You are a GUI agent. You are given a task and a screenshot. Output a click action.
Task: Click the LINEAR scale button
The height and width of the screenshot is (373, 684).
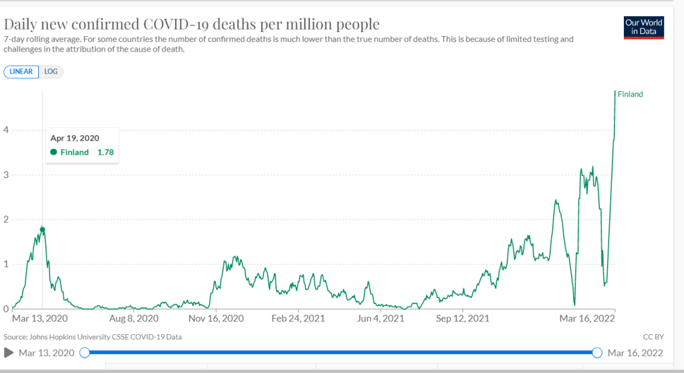pyautogui.click(x=21, y=72)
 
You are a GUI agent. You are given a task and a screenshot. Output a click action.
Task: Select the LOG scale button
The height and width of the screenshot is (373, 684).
pyautogui.click(x=51, y=72)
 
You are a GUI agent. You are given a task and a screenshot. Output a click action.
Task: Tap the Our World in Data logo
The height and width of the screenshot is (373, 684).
pyautogui.click(x=643, y=27)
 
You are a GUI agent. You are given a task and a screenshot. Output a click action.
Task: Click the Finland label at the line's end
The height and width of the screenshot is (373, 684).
pyautogui.click(x=630, y=94)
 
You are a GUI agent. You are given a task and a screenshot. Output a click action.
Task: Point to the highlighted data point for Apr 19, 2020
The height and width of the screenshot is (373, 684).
pyautogui.click(x=43, y=230)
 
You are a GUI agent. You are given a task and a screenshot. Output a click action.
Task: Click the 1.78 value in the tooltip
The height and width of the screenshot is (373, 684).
pyautogui.click(x=106, y=152)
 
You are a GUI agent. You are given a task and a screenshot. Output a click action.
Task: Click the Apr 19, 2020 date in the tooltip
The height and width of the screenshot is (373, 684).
pyautogui.click(x=75, y=138)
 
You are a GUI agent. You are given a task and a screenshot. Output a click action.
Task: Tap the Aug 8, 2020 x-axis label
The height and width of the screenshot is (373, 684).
pyautogui.click(x=134, y=319)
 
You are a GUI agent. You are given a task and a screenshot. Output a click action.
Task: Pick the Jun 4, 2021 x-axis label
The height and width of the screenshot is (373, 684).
pyautogui.click(x=380, y=319)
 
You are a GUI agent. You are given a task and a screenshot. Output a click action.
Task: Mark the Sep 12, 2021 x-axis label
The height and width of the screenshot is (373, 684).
pyautogui.click(x=463, y=319)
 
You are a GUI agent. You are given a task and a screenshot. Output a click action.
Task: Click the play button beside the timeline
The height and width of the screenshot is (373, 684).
pyautogui.click(x=9, y=352)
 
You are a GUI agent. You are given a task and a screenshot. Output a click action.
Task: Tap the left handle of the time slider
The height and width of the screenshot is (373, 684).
pyautogui.click(x=84, y=352)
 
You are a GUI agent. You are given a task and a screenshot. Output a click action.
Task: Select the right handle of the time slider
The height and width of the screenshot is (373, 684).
pyautogui.click(x=597, y=352)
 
